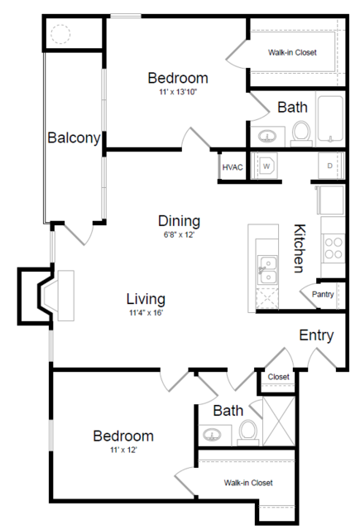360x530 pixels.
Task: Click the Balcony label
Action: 74,137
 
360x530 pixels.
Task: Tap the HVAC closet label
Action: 233,167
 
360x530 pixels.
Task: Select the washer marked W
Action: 267,166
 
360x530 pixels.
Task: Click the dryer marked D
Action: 329,166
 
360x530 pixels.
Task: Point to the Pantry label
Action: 323,294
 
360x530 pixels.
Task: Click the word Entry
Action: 316,335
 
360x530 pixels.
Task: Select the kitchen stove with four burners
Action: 333,246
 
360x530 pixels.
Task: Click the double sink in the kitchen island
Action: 266,267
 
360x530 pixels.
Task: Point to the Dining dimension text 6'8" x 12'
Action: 180,234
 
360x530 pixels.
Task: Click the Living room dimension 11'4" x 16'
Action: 146,313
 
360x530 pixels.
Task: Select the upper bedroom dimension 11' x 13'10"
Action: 177,92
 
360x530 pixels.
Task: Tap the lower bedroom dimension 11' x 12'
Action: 122,450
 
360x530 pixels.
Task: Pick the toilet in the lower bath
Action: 247,430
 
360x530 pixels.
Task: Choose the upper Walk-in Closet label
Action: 291,52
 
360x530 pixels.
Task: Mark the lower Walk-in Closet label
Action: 247,482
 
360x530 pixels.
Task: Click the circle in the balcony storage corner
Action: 61,35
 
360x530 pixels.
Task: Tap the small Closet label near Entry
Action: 278,377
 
